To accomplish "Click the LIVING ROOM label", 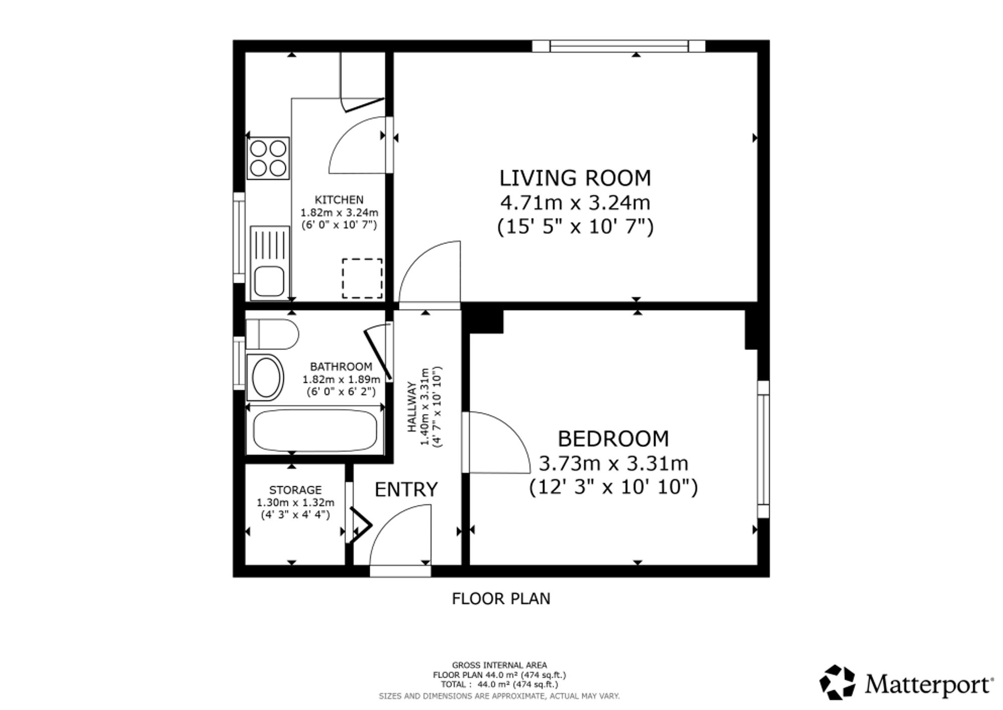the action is coord(575,178).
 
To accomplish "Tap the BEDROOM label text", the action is coord(613,439).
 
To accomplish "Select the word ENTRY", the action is coord(406,489).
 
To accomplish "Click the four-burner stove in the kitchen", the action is coord(268,158).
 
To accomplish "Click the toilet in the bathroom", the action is coord(272,334).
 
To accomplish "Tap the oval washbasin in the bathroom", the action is coord(266,378).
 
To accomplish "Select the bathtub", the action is coord(315,431).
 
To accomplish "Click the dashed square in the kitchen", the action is coord(362,278).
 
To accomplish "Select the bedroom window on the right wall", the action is coord(763,449).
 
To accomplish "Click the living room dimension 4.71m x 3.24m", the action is coord(575,203).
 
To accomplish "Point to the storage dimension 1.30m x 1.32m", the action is coord(295,502).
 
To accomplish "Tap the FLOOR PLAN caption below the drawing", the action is coord(501,599).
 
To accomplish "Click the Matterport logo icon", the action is coord(837,682).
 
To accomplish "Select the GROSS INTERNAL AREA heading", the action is coord(499,665).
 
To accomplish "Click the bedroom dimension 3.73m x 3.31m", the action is coord(613,463).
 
